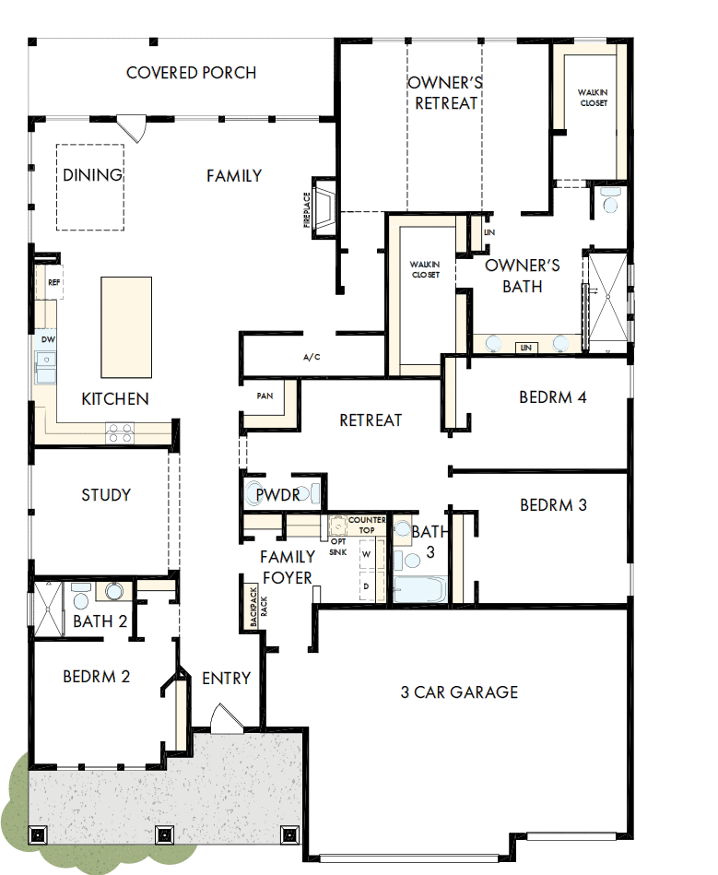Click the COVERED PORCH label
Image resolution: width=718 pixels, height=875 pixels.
(191, 73)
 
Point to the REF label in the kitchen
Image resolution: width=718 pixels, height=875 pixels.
(53, 283)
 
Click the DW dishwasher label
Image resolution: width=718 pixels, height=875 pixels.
(48, 339)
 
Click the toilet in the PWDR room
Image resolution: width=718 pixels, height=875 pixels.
(255, 494)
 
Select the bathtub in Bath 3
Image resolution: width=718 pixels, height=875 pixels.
(419, 587)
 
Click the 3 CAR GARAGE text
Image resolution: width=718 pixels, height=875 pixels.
(459, 692)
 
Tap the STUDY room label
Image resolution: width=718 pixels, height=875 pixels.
(106, 495)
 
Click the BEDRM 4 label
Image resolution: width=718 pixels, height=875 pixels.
(553, 397)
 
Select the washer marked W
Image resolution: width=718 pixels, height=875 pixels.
(366, 554)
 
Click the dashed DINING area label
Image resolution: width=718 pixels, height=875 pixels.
(92, 175)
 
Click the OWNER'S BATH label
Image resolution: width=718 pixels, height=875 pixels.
(523, 276)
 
